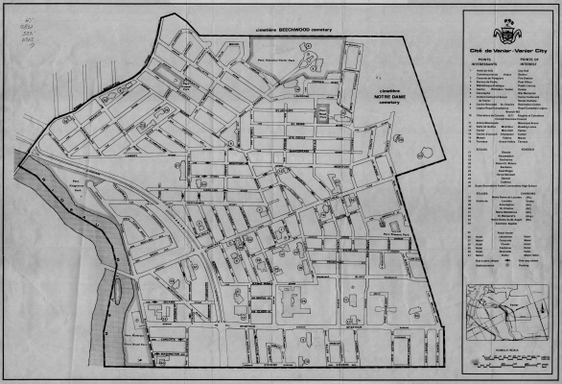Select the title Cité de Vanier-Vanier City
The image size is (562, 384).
(x=505, y=48)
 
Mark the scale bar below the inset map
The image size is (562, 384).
(x=505, y=360)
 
